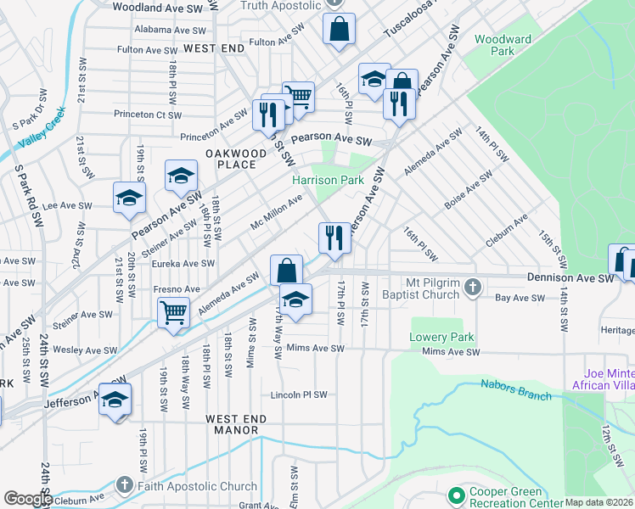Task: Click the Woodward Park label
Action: (503, 45)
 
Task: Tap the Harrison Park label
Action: (328, 180)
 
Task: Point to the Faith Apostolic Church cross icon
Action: (125, 486)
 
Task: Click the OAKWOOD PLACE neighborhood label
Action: (229, 159)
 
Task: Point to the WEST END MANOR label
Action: (236, 424)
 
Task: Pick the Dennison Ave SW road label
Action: (569, 277)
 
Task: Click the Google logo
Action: (28, 499)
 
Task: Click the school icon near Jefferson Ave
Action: (115, 399)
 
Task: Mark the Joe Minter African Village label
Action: (608, 379)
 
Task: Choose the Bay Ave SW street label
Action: (520, 298)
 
